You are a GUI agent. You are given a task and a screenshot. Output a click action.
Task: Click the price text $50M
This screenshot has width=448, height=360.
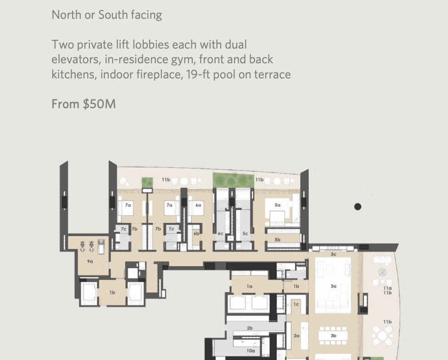(x=99, y=104)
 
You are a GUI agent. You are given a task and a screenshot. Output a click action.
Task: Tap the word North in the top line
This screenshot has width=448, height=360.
(x=66, y=15)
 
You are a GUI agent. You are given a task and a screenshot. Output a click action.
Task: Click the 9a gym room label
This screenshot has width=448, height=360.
(x=90, y=261)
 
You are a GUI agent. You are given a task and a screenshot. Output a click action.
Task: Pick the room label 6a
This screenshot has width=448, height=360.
(x=198, y=205)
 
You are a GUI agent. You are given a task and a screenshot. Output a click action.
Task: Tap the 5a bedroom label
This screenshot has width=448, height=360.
(x=277, y=205)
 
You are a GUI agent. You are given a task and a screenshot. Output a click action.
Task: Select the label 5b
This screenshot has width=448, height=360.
(x=277, y=240)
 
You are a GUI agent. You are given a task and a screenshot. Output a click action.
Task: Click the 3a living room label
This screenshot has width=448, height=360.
(x=333, y=286)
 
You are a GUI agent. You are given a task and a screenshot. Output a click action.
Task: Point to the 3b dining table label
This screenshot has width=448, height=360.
(x=333, y=336)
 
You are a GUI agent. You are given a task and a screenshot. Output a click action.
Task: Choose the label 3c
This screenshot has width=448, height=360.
(x=333, y=255)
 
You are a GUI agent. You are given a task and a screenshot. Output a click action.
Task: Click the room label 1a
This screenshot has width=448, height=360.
(x=249, y=286)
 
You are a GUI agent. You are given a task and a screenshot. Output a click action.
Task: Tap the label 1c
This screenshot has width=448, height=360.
(x=296, y=305)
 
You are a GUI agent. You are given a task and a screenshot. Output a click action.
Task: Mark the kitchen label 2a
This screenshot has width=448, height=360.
(x=296, y=336)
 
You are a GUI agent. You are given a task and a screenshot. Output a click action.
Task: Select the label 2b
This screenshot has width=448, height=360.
(x=250, y=328)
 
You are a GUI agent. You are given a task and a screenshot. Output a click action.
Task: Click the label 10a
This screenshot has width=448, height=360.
(x=251, y=351)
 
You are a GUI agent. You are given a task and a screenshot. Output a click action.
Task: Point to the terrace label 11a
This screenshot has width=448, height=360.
(x=387, y=288)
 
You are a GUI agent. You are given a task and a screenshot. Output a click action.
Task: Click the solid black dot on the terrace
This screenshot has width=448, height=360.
(x=358, y=207)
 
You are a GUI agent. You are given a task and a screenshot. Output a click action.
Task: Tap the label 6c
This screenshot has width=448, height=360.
(x=220, y=233)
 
